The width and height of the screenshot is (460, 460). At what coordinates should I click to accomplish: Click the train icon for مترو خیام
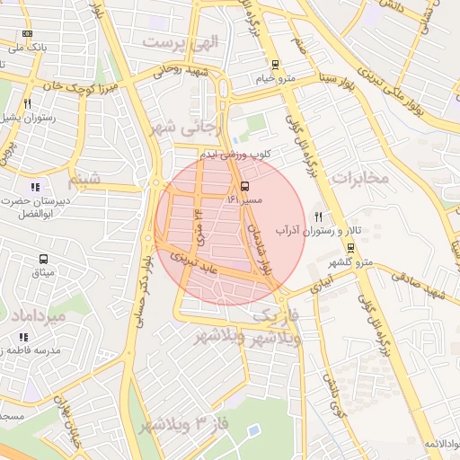[x=275, y=64]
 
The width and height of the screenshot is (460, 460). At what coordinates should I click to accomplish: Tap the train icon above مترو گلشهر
[x=363, y=248]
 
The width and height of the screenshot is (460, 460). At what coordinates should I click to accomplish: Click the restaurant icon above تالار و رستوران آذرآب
[x=318, y=216]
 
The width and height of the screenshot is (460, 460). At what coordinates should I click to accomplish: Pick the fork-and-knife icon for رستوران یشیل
[x=28, y=103]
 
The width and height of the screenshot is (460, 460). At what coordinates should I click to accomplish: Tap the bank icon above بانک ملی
[x=27, y=34]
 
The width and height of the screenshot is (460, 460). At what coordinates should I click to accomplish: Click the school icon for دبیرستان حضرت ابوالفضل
[x=35, y=187]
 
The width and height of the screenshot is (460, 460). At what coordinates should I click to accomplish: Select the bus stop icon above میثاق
[x=37, y=257]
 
